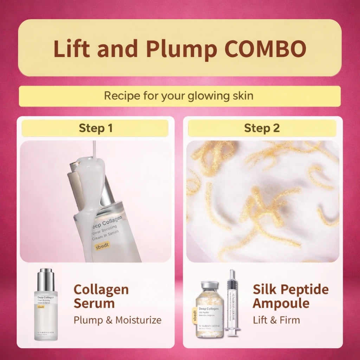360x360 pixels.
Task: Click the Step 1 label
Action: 95,128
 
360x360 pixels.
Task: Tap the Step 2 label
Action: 262,128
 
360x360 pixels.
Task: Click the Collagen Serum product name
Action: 101,296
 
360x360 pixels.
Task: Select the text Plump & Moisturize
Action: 117,320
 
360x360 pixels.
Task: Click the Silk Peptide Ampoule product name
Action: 290,296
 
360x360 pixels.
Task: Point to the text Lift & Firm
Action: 276,320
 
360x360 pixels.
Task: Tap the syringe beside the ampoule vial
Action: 232,302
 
